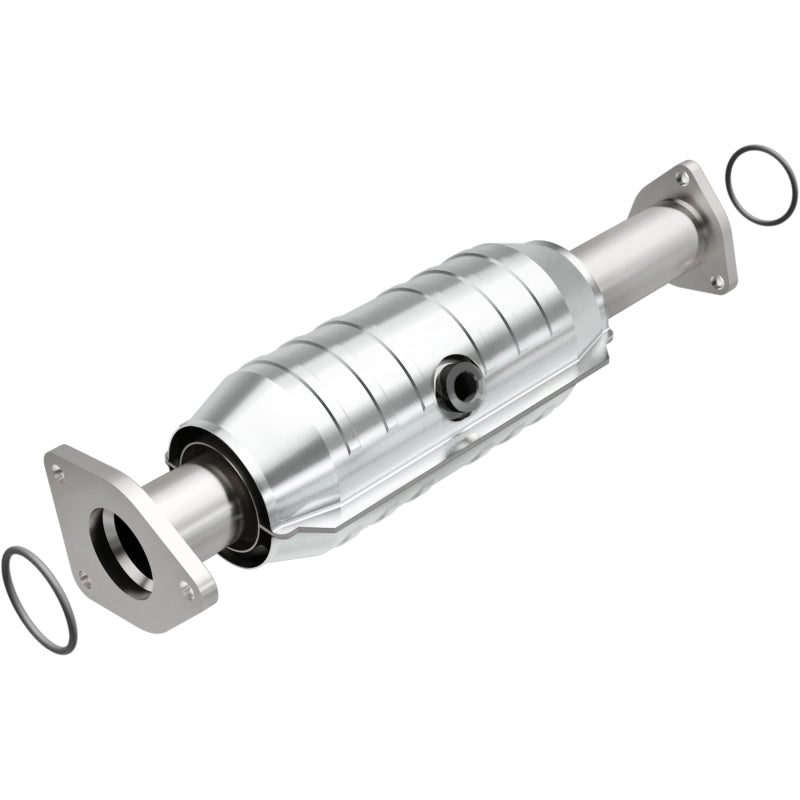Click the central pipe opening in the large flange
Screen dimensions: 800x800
click(120, 544)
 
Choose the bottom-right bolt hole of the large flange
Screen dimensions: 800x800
click(186, 592)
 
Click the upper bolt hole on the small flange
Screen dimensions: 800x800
click(680, 178)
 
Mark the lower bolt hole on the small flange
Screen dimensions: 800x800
click(717, 281)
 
